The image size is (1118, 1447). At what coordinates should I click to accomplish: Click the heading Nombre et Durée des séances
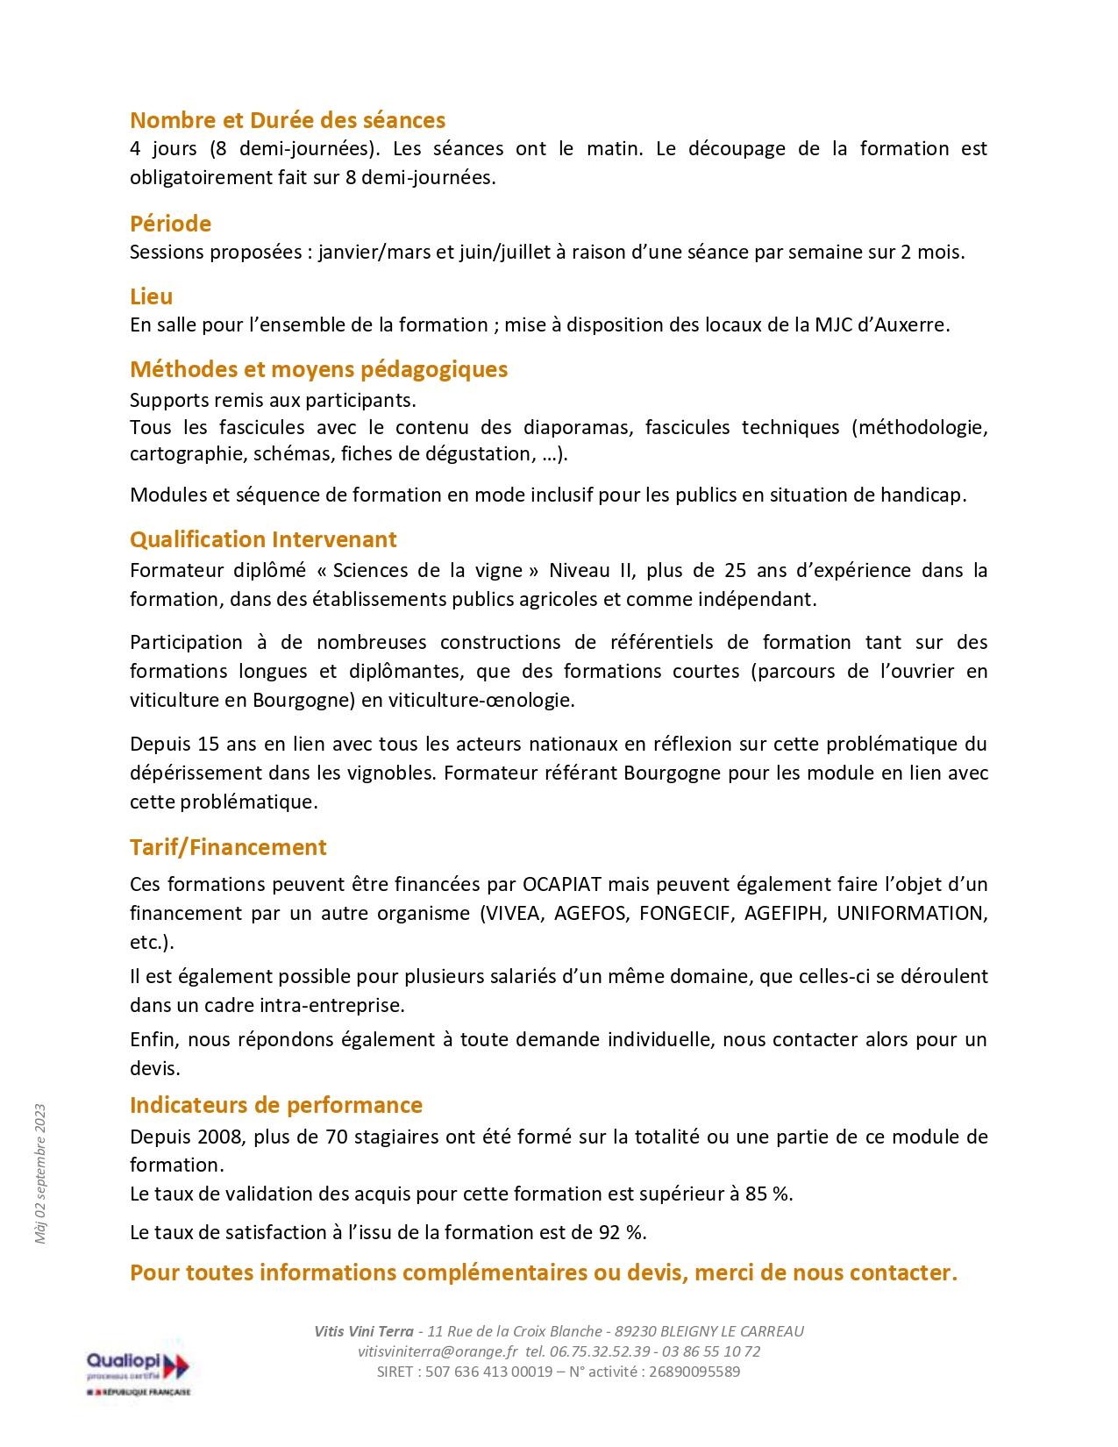pyautogui.click(x=288, y=120)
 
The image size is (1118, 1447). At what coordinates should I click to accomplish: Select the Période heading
pyautogui.click(x=171, y=224)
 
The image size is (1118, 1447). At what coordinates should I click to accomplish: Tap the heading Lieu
pyautogui.click(x=152, y=296)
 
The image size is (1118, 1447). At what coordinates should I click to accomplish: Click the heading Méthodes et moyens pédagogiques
pyautogui.click(x=319, y=369)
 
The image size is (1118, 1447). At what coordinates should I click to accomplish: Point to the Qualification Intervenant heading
pyautogui.click(x=263, y=539)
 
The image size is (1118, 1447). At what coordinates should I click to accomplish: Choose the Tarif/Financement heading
pyautogui.click(x=228, y=847)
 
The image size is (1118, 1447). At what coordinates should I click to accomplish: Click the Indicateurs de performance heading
pyautogui.click(x=276, y=1105)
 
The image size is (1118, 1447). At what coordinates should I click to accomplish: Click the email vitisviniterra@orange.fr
pyautogui.click(x=438, y=1351)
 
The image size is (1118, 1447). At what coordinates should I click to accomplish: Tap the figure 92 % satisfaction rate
pyautogui.click(x=622, y=1232)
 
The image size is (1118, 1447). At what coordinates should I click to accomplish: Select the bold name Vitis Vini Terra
pyautogui.click(x=364, y=1331)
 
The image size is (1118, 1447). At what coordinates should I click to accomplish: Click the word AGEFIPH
pyautogui.click(x=783, y=913)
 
